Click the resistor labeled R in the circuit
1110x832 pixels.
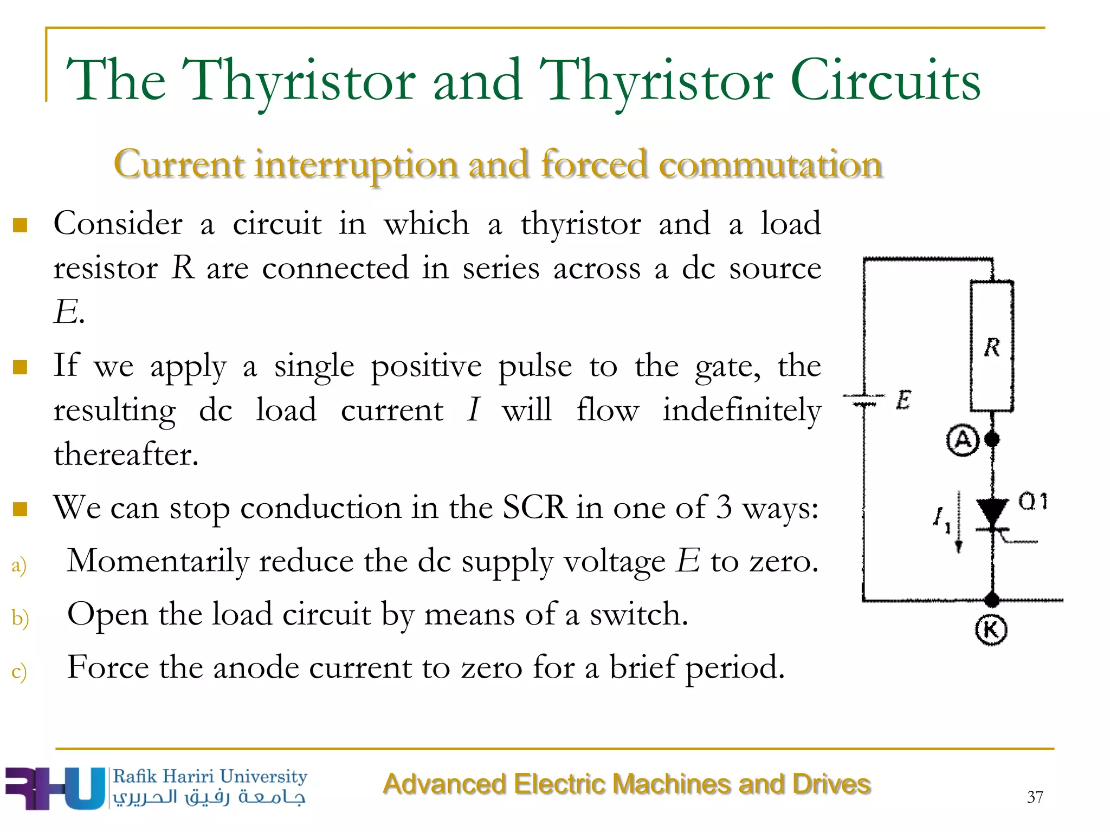coord(991,347)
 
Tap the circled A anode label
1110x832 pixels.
coord(963,440)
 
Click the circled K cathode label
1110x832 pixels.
coord(991,630)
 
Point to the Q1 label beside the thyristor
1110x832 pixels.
coord(1033,502)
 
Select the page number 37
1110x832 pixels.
coord(1035,797)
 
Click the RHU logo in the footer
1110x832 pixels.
coord(54,788)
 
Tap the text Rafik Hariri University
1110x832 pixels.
coord(210,776)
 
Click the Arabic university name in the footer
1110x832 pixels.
coord(209,797)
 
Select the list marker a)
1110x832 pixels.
coord(19,564)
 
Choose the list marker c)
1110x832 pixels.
coord(19,671)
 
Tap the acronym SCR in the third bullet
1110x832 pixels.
coord(534,508)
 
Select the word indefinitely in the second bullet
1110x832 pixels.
coord(741,411)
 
